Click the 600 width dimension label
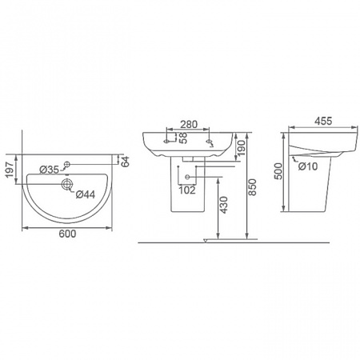67,234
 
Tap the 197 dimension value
10,170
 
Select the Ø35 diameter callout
49,170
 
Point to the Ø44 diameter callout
86,194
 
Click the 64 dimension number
125,162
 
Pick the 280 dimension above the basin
189,124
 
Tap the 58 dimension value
183,138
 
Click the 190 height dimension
241,148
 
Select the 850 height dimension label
252,187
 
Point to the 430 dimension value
223,205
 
